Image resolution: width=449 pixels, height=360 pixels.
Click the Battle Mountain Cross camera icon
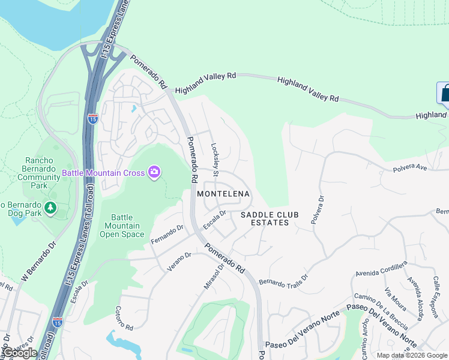pos(155,173)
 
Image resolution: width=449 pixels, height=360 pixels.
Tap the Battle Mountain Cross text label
pos(103,173)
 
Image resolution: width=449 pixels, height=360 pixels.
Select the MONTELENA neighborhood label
pos(223,194)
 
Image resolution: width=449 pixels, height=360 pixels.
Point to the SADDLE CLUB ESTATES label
pos(265,218)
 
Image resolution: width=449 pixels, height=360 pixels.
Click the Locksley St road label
pos(214,159)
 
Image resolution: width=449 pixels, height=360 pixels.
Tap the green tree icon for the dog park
pos(51,208)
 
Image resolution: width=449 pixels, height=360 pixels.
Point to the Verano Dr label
pos(179,262)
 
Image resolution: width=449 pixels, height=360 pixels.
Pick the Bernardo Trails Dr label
pos(283,280)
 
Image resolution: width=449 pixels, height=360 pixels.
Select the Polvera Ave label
pos(410,168)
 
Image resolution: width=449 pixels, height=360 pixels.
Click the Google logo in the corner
pos(20,353)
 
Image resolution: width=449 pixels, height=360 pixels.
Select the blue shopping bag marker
pos(444,94)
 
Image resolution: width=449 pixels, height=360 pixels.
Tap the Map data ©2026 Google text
pos(411,355)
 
